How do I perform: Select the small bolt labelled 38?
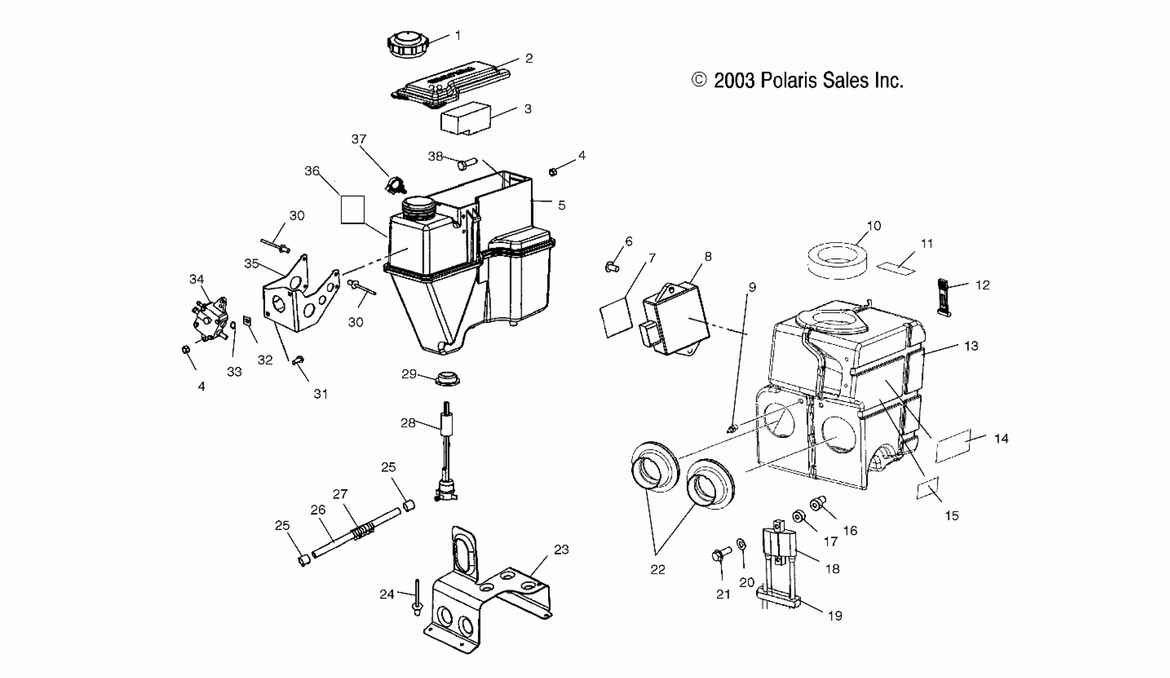point(466,164)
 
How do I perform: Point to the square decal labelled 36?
point(353,210)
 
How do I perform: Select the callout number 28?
point(408,423)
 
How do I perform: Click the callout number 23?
point(561,550)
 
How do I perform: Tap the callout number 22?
point(657,570)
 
